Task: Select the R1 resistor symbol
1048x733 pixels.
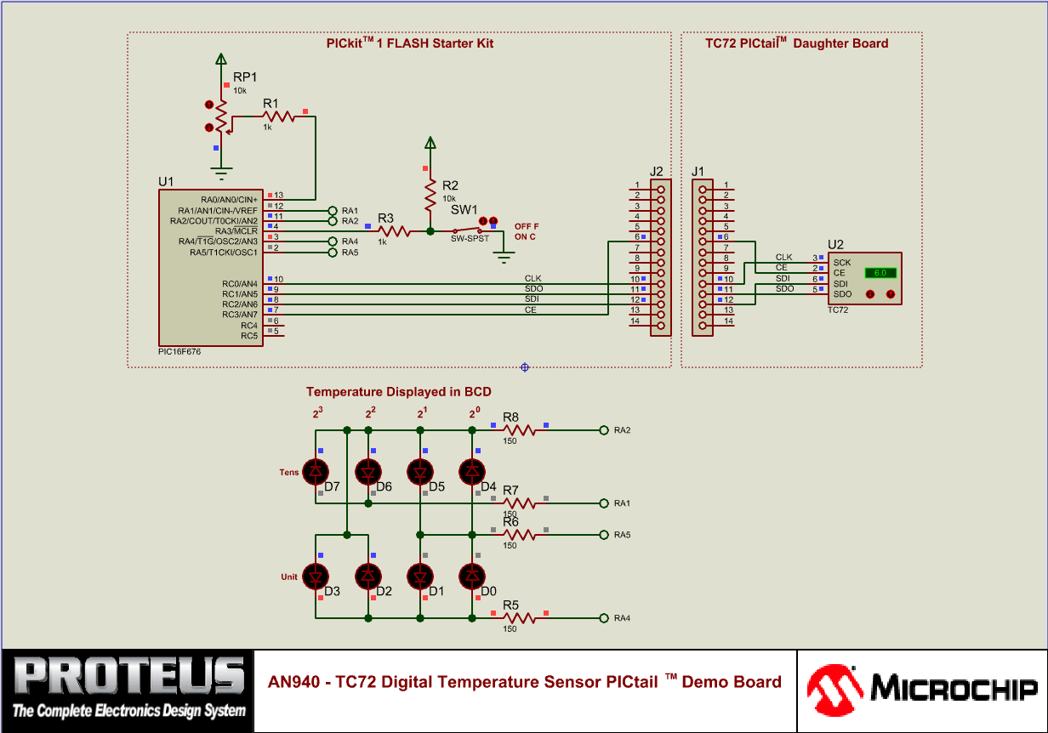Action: pos(279,116)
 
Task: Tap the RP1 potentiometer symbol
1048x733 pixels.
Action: pos(221,116)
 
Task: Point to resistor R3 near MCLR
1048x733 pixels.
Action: pos(393,230)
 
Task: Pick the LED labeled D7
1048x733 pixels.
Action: pos(316,470)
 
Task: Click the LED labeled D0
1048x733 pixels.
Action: pos(472,577)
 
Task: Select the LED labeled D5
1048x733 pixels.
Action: pos(420,470)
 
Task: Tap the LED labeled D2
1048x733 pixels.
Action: pos(368,577)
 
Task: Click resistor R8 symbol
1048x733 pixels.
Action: pos(520,430)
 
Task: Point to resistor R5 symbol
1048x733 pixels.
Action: pos(520,618)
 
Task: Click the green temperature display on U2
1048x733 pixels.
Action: pos(880,273)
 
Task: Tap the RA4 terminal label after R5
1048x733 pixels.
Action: pos(622,618)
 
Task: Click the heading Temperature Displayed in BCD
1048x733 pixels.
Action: pos(398,392)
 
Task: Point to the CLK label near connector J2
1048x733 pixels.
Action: pos(533,278)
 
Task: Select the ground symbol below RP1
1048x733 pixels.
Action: pos(221,174)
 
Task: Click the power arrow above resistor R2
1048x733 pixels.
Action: pos(430,143)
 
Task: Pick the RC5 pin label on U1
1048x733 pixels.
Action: pos(248,335)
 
